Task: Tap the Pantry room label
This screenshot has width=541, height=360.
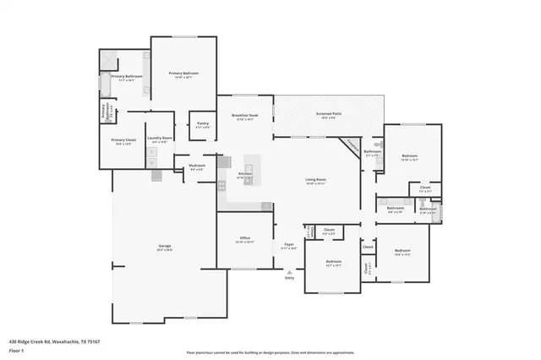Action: point(203,124)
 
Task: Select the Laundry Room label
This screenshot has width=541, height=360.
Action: point(160,138)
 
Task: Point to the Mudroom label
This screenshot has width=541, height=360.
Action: point(197,166)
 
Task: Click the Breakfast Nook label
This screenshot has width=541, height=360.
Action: point(245,115)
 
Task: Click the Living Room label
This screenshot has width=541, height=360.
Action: point(317,180)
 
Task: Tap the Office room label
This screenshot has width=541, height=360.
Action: point(245,238)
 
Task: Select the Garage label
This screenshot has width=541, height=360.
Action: point(165,247)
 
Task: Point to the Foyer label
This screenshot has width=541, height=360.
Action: point(288,246)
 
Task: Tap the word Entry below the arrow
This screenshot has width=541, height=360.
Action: point(289,278)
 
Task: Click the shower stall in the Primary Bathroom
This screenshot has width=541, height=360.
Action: point(108,61)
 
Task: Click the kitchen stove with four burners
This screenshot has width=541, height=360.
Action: point(221,184)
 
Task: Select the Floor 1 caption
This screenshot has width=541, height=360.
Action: point(16,352)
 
